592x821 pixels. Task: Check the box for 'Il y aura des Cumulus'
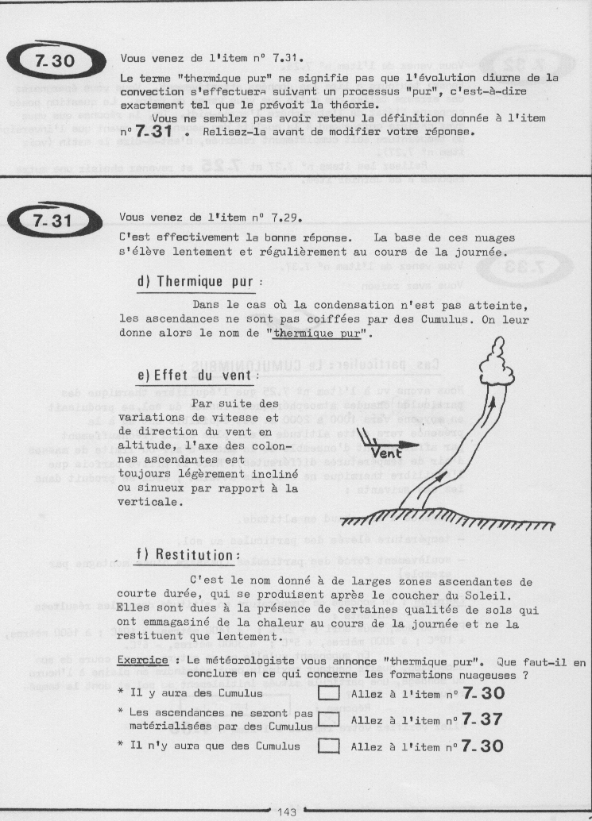coord(327,695)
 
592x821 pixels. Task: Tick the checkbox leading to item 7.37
coord(327,719)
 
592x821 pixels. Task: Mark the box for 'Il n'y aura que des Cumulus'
coord(327,746)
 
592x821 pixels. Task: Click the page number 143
coord(288,811)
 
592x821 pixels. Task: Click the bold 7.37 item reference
coord(482,720)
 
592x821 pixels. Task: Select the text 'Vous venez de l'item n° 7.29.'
coord(210,217)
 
